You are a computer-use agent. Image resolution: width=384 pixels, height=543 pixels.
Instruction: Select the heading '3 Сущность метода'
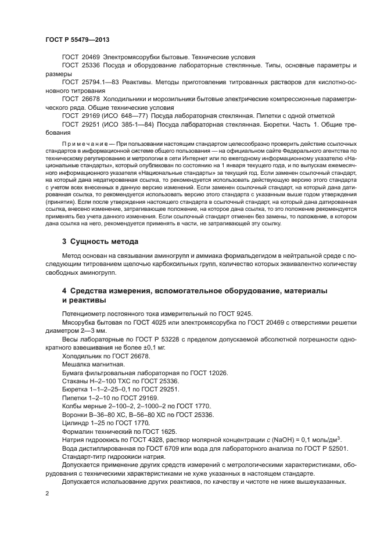coord(100,240)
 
